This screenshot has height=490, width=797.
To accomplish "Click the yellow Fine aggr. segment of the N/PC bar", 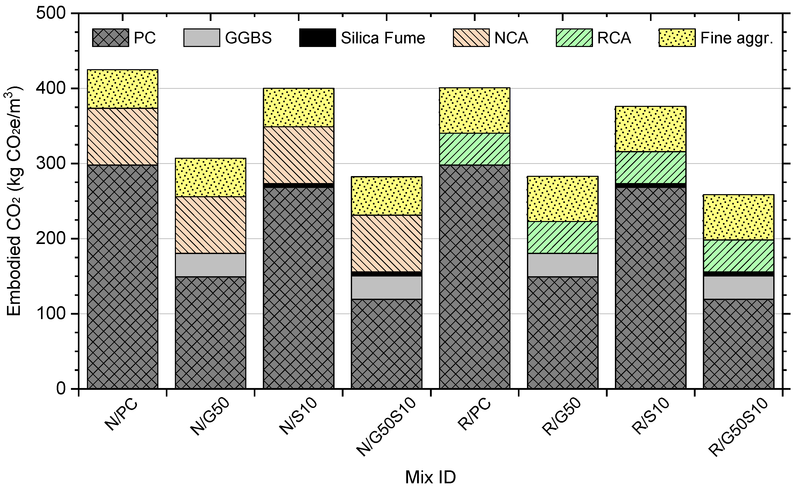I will [x=122, y=89].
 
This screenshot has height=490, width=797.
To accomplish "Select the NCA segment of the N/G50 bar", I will [x=210, y=225].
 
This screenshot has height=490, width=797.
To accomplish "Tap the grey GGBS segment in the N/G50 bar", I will [x=210, y=265].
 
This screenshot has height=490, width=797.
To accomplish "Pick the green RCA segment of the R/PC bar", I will [x=474, y=149].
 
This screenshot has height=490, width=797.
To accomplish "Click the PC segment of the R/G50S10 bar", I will [x=738, y=344].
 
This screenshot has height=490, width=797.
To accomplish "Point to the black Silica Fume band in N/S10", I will [x=298, y=185].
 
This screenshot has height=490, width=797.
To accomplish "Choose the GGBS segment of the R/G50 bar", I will [x=562, y=265].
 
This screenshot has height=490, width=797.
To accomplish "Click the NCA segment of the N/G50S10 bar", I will [x=387, y=243].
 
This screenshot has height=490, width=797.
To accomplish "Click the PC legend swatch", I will [x=110, y=38].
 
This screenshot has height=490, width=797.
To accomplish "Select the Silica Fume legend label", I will [x=383, y=38].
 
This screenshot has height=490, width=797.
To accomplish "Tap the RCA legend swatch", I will [x=574, y=38].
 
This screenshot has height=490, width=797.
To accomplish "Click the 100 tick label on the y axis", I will [x=51, y=314].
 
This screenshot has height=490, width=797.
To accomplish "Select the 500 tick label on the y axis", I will [x=51, y=14].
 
